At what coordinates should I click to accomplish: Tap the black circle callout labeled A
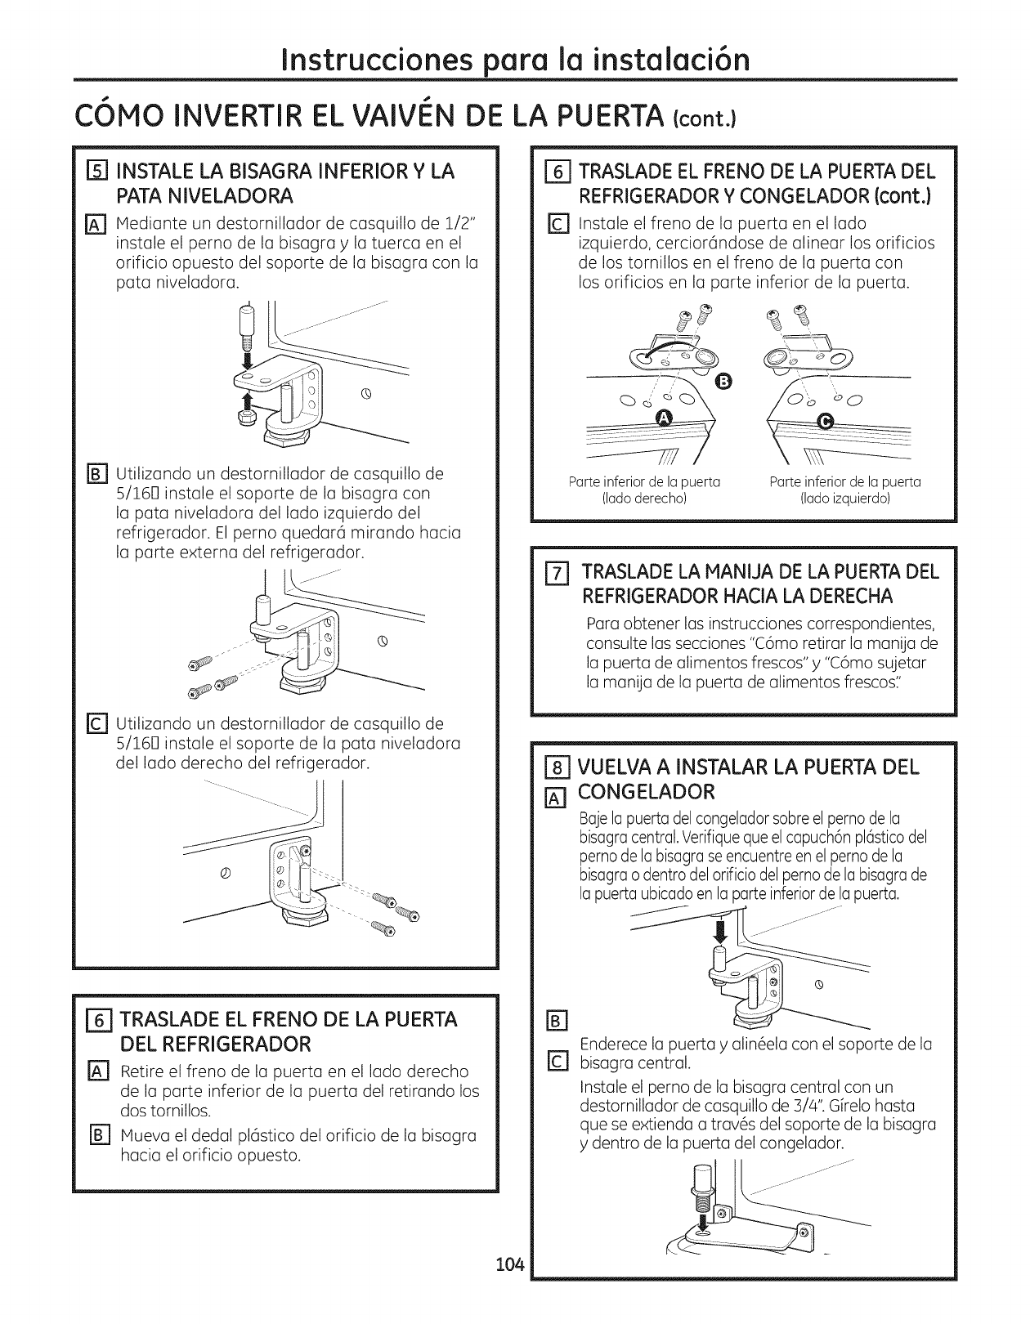point(664,419)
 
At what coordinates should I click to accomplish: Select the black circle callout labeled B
point(724,381)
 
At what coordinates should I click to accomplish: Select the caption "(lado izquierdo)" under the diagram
point(845,498)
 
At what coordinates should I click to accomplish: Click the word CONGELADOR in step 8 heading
point(647,792)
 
